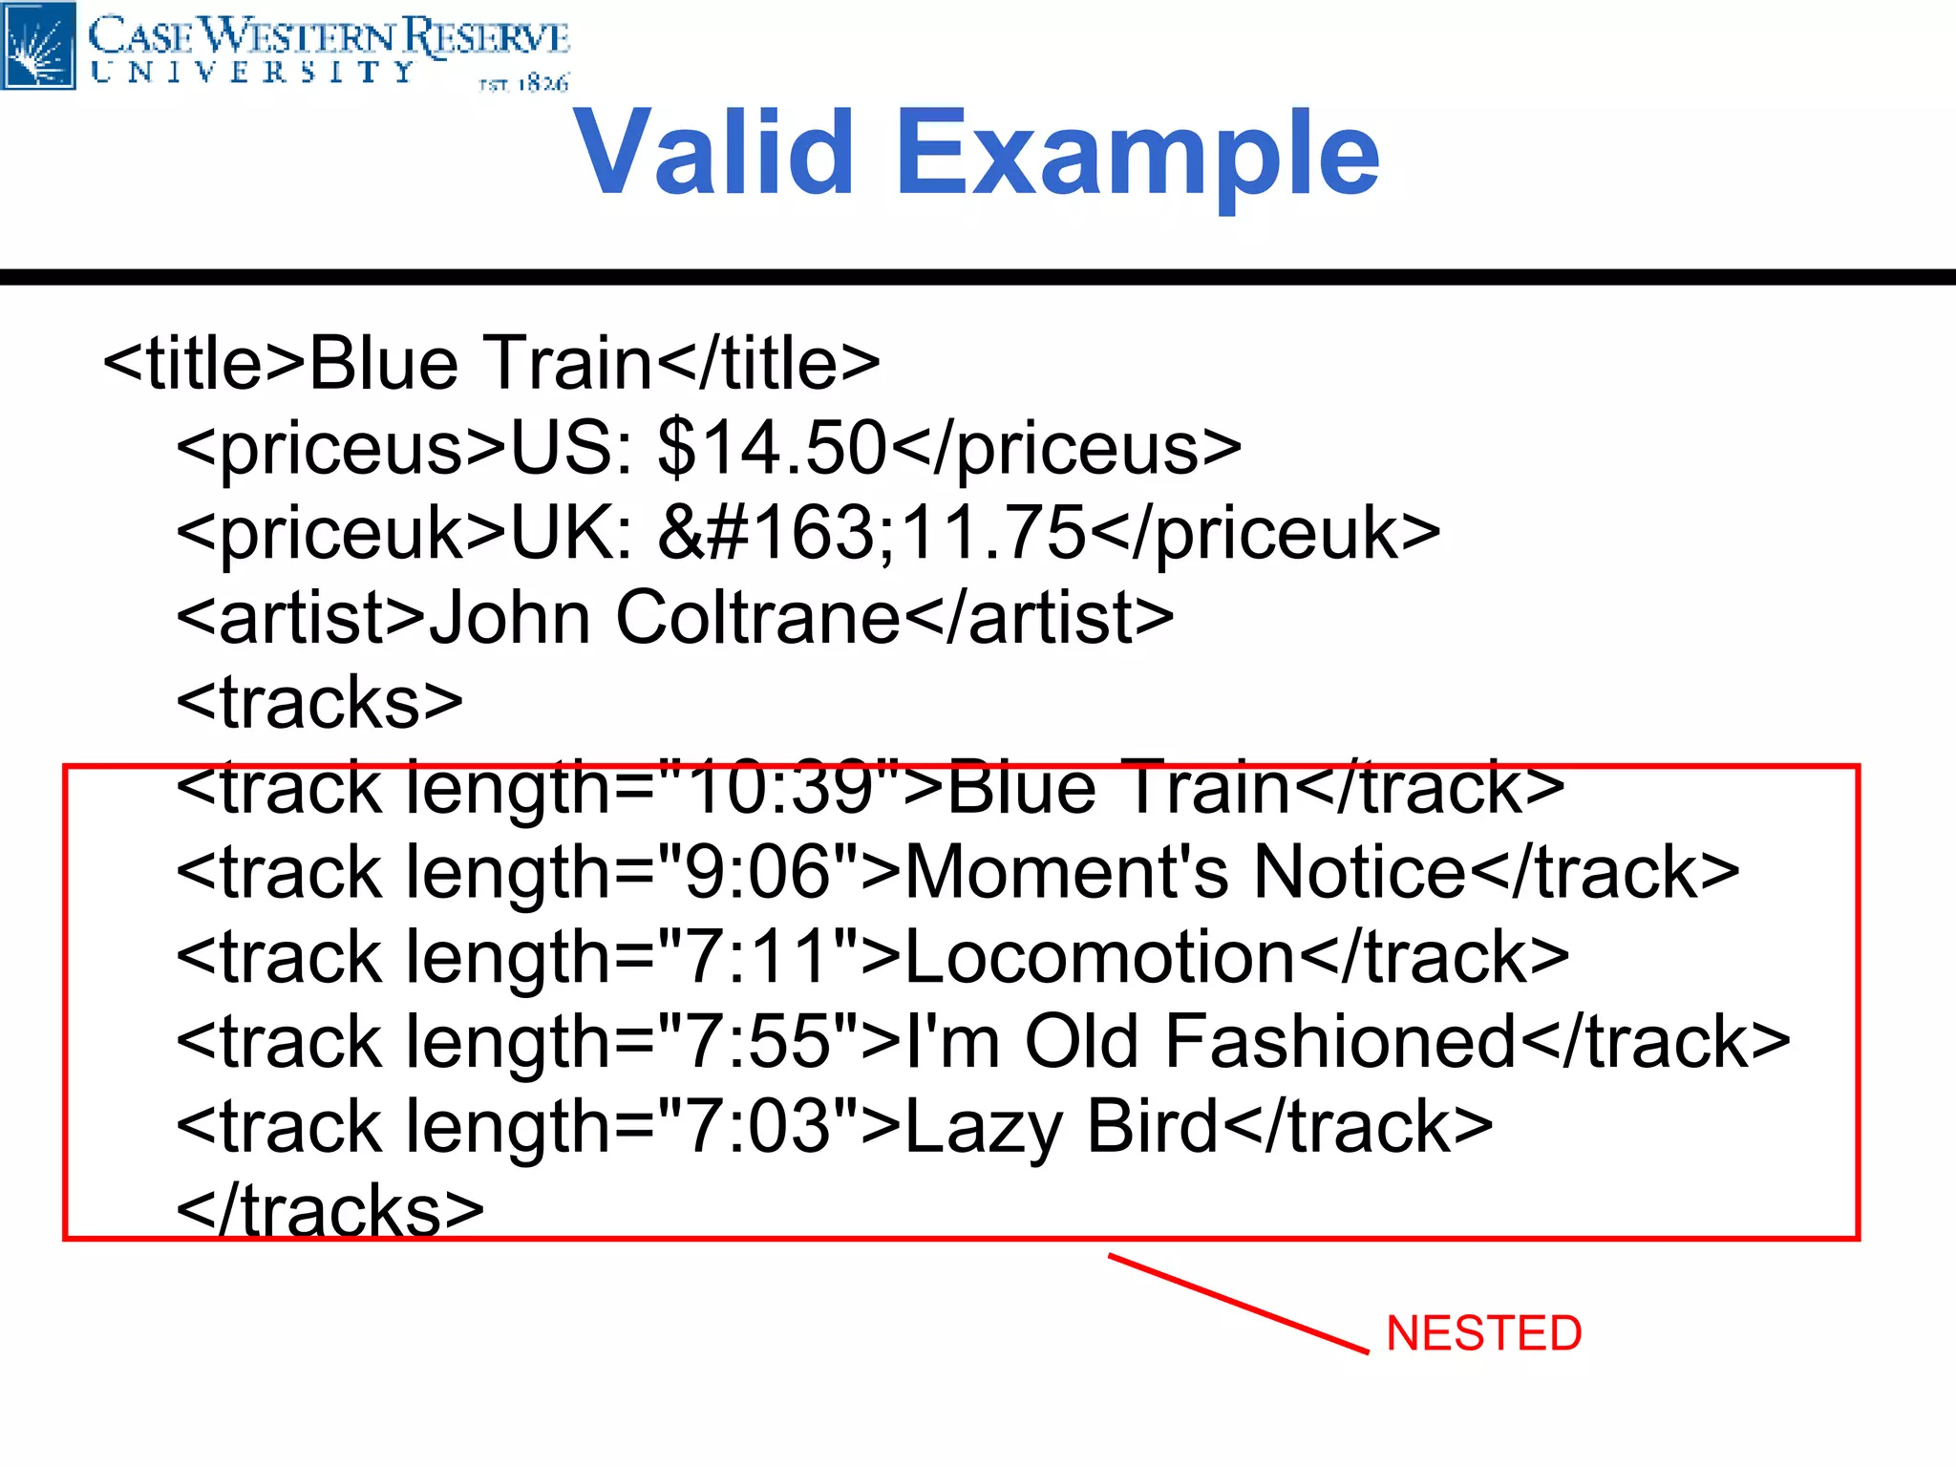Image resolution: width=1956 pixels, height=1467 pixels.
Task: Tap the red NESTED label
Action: (1483, 1333)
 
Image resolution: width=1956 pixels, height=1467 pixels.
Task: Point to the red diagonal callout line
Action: (1239, 1304)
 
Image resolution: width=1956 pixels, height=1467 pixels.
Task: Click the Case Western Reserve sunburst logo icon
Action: (38, 46)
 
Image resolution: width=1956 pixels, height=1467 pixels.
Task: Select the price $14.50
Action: (773, 447)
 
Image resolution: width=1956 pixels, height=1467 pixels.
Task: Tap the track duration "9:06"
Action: (759, 872)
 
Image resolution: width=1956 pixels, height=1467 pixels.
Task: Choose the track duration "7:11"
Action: (759, 957)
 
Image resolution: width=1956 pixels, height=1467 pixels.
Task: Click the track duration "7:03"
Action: (759, 1126)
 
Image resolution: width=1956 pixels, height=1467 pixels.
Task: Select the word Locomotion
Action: (1099, 957)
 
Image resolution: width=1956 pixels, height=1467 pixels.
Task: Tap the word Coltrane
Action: (757, 617)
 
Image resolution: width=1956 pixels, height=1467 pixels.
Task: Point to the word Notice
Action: (1358, 872)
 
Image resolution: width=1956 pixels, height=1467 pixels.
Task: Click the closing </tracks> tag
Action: (330, 1210)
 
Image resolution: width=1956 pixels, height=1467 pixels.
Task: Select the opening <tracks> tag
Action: (320, 702)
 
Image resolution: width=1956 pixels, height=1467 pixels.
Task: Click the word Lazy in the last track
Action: (984, 1128)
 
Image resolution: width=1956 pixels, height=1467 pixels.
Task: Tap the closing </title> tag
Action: (769, 363)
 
